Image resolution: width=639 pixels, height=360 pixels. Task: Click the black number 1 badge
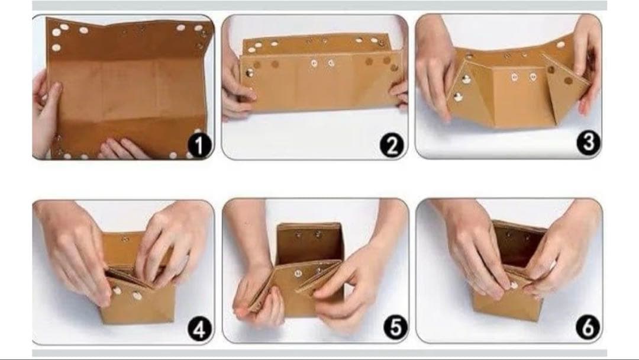pos(199,146)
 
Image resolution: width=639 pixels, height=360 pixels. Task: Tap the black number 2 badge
pos(392,146)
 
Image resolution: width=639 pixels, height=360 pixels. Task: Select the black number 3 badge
pos(588,143)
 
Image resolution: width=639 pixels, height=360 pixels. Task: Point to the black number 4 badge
pos(199,329)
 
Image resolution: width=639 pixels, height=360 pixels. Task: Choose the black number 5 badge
pos(395,328)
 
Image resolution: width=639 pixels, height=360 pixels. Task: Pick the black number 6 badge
pos(588,327)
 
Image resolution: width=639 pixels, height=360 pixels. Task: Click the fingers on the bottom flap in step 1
pos(122,149)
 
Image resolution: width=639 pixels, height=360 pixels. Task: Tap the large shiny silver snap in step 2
pos(250,73)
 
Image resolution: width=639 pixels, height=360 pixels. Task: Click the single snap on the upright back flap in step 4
pos(125,239)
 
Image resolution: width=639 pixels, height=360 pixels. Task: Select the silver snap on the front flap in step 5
pos(298,273)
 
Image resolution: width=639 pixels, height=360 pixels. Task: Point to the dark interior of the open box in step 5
pos(309,244)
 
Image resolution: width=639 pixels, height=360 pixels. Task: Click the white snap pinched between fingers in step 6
pos(514,285)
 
